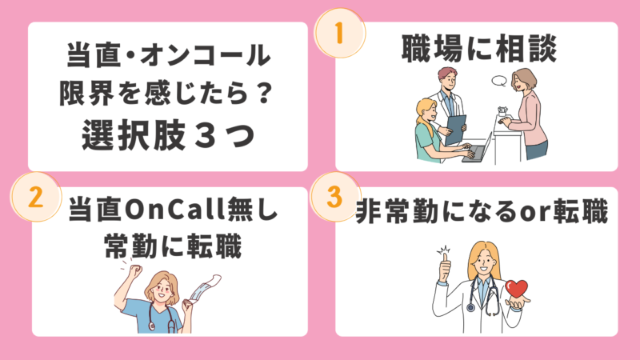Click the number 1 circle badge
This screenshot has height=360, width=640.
339,33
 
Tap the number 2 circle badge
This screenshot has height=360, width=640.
36,197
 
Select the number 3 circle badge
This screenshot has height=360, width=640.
335,197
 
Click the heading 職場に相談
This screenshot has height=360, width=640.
478,49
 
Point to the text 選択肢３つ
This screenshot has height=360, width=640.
169,135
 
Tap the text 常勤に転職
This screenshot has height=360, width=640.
173,246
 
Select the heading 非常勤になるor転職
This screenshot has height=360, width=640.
482,211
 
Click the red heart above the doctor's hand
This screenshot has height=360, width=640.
516,289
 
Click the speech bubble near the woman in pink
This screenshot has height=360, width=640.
499,81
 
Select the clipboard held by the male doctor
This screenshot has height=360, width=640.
455,130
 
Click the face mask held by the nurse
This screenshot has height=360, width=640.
203,289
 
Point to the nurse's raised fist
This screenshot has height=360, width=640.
135,271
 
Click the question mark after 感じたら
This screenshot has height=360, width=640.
265,93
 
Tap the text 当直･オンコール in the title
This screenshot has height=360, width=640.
169,54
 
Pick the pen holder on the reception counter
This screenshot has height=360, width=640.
502,111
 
